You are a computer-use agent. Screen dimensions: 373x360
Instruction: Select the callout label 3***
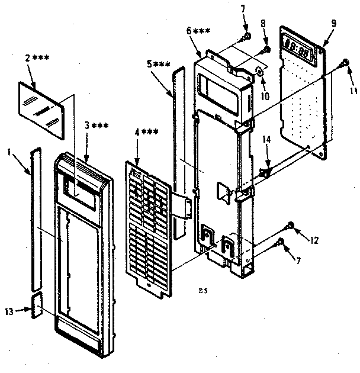point(95,125)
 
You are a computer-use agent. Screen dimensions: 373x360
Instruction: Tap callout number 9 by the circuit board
point(334,22)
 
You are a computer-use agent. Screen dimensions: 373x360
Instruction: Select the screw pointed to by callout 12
point(291,224)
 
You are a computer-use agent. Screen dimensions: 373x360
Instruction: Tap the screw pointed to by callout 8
point(267,49)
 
